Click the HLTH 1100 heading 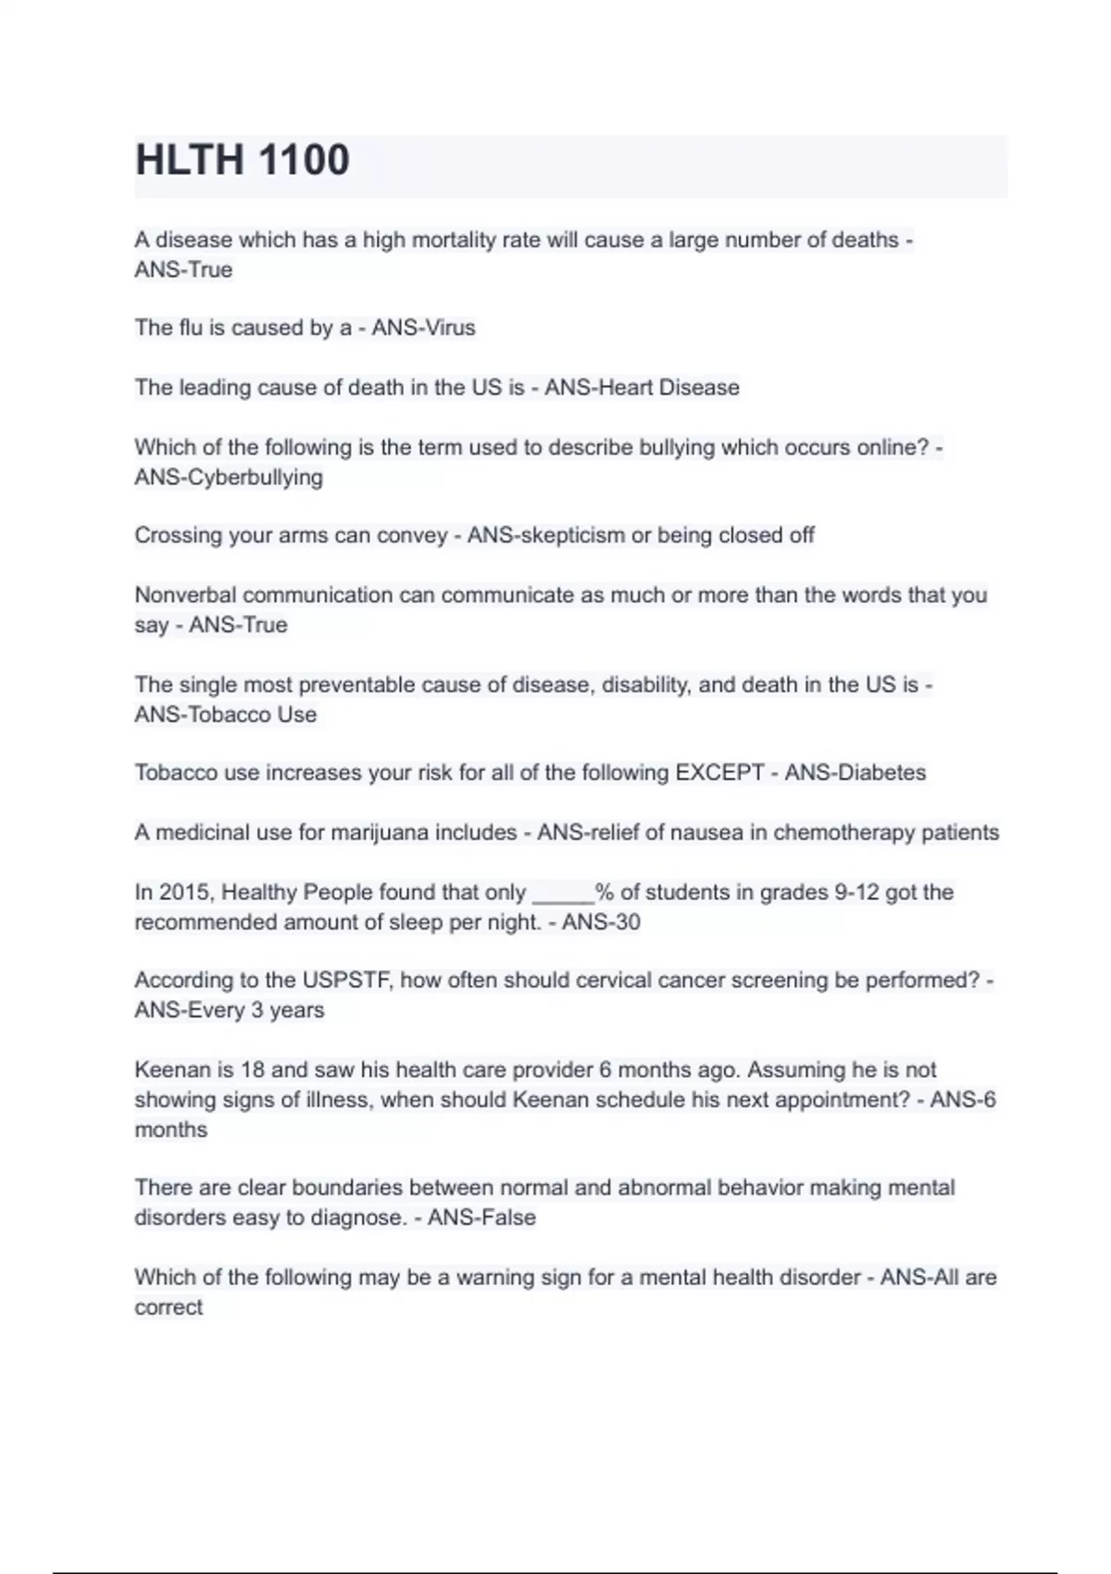tap(243, 160)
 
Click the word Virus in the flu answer tap(449, 328)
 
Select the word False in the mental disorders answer tap(507, 1218)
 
